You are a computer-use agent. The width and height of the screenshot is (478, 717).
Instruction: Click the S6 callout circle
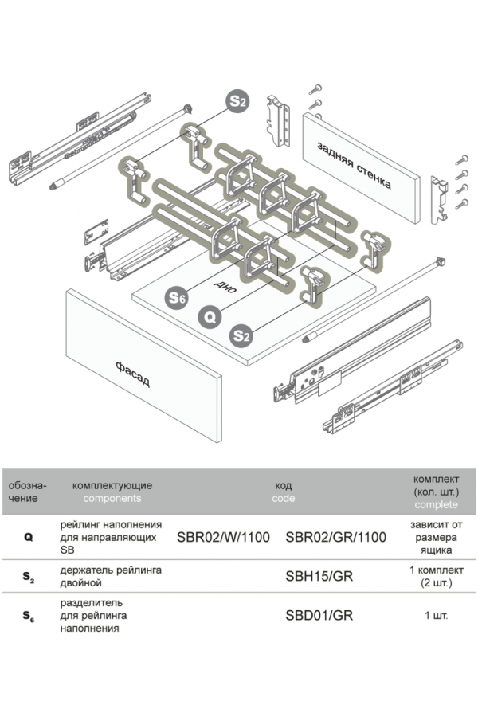click(x=176, y=299)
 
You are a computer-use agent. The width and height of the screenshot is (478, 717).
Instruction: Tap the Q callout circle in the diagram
click(x=209, y=317)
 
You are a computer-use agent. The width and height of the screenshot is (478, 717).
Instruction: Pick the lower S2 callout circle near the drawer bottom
click(x=241, y=336)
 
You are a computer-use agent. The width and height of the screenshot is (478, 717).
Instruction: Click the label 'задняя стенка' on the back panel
click(x=353, y=163)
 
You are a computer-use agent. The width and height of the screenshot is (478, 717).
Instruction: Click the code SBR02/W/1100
click(x=222, y=537)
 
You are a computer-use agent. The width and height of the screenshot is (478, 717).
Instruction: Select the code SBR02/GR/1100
click(x=335, y=537)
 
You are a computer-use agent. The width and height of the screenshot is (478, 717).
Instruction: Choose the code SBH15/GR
click(x=319, y=576)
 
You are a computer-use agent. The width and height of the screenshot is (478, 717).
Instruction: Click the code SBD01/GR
click(x=319, y=615)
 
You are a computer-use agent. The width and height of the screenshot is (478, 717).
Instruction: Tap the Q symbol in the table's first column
click(x=28, y=538)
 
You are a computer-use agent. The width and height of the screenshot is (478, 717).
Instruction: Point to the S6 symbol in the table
click(x=28, y=616)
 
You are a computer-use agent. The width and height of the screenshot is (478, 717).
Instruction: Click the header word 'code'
click(x=283, y=498)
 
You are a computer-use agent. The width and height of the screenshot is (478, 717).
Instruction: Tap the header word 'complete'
click(x=436, y=505)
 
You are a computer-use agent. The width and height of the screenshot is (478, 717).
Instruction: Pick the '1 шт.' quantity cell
click(x=436, y=615)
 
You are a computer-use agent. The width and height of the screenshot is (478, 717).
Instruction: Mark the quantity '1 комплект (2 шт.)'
click(x=436, y=576)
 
